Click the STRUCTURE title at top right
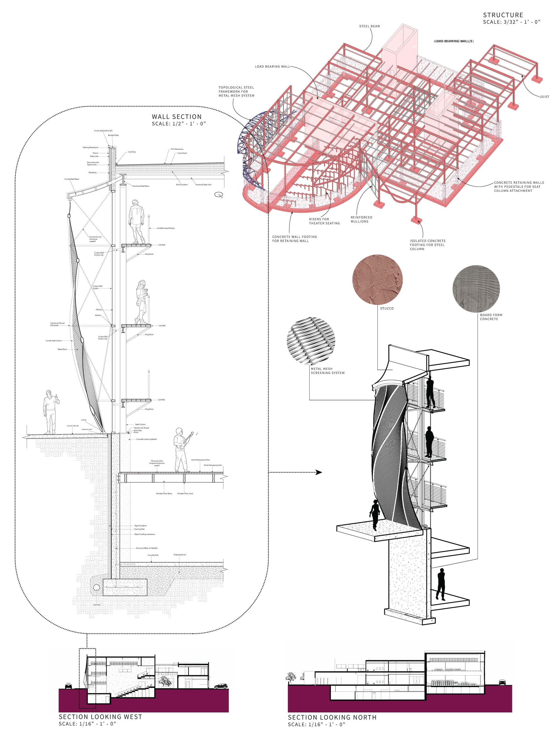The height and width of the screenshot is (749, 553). [x=503, y=15]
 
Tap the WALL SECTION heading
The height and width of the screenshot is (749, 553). [x=177, y=117]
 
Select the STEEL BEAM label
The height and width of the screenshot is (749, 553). [x=369, y=26]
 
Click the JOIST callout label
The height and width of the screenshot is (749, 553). [x=544, y=97]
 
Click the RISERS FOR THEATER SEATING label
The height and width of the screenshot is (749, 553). [x=324, y=221]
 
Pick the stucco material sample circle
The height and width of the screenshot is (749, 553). [x=377, y=279]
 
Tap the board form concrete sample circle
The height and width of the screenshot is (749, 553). [x=476, y=289]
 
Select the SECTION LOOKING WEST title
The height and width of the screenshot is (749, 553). [x=100, y=717]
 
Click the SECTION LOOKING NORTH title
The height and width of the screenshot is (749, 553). [x=332, y=717]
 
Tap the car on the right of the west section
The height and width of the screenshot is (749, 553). [x=221, y=686]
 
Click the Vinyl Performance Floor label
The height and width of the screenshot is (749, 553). [x=200, y=460]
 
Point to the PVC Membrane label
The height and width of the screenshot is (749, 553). [x=177, y=149]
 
